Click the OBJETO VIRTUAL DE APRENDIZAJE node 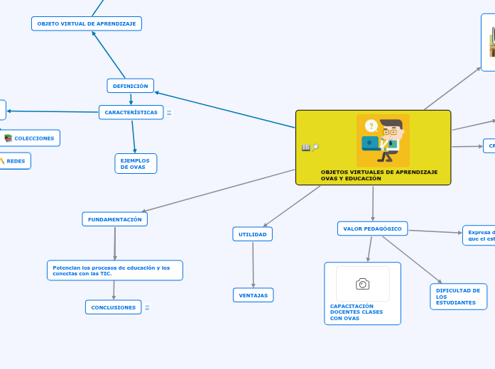[x=86, y=23]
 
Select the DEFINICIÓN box [x=130, y=86]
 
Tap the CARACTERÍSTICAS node [x=131, y=112]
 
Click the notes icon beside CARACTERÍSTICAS [x=169, y=113]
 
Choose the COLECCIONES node [x=34, y=138]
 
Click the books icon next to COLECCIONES [x=9, y=138]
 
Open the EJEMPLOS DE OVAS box [x=135, y=164]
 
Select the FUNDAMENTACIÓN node [x=114, y=219]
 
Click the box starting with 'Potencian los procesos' [x=114, y=270]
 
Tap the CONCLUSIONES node [x=113, y=307]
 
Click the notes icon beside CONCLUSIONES [x=147, y=307]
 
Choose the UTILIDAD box [x=252, y=234]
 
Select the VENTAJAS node [x=253, y=294]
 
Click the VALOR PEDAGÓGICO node [x=372, y=228]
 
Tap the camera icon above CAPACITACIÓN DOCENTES [x=362, y=284]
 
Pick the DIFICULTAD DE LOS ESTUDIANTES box [x=458, y=297]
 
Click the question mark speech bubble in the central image [x=371, y=126]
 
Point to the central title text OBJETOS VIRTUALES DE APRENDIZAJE [x=379, y=175]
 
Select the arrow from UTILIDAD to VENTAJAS [x=253, y=264]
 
